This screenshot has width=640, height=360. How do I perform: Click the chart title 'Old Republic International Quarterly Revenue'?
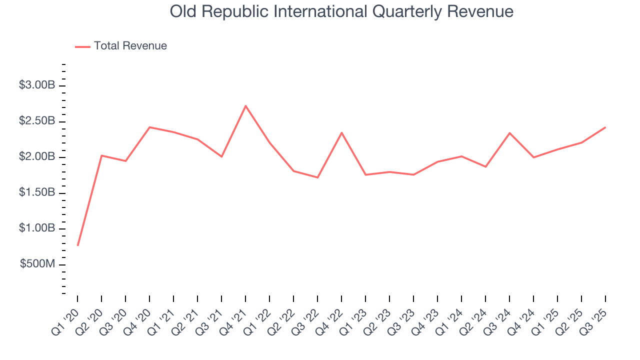341,11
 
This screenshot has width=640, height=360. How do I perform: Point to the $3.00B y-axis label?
37,85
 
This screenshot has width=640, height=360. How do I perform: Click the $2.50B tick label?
37,121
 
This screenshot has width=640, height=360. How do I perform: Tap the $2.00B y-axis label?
37,157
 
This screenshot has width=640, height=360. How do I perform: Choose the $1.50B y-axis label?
37,193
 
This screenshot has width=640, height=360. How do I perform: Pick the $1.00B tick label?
37,228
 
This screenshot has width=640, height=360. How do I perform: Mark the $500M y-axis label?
37,264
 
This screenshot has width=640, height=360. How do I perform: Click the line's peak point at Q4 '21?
245,106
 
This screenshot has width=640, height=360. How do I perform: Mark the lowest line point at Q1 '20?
77,245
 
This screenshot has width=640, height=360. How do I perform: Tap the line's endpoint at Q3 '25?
605,127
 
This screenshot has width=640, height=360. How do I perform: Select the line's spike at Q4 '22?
341,132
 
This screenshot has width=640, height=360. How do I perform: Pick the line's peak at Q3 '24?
509,133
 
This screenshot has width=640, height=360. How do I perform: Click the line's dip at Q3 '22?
317,177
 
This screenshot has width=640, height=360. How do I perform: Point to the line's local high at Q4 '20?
149,127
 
